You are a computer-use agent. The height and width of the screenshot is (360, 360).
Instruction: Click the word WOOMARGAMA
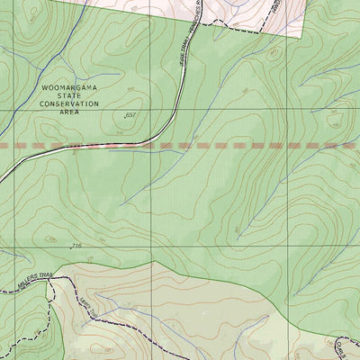click(x=68, y=89)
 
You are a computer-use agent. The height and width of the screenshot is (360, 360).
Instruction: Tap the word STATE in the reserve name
click(x=68, y=96)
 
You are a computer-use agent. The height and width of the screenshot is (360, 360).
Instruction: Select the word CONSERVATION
click(x=68, y=104)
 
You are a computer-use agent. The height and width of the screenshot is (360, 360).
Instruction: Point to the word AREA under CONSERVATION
click(x=68, y=112)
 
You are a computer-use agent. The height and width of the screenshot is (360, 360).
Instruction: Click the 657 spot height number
click(x=133, y=115)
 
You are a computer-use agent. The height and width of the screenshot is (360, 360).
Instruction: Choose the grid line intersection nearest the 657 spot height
click(x=152, y=110)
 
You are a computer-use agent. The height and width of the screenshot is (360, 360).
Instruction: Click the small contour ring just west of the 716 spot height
click(x=54, y=241)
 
